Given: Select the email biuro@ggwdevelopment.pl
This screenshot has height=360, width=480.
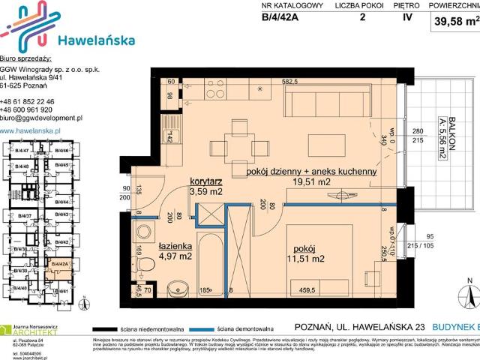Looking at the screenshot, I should click(x=41, y=118).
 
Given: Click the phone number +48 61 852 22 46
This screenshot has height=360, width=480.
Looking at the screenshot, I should click(x=28, y=100).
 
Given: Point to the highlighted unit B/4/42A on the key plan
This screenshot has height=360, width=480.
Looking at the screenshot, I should click(x=59, y=264).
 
